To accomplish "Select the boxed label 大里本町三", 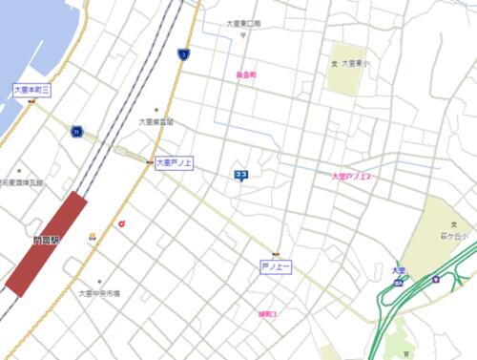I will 31,89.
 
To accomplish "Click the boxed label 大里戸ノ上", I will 175,162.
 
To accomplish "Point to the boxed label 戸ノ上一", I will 276,265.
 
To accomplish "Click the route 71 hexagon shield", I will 75,131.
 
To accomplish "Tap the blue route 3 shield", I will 182,54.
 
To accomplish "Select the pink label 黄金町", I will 246,74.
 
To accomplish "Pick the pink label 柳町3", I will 267,313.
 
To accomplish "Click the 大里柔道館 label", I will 156,121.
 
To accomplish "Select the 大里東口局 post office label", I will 243,24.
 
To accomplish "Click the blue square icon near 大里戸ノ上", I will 241,174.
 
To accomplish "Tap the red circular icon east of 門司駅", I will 122,224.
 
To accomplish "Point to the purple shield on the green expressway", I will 436,280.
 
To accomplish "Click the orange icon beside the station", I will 93,235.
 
